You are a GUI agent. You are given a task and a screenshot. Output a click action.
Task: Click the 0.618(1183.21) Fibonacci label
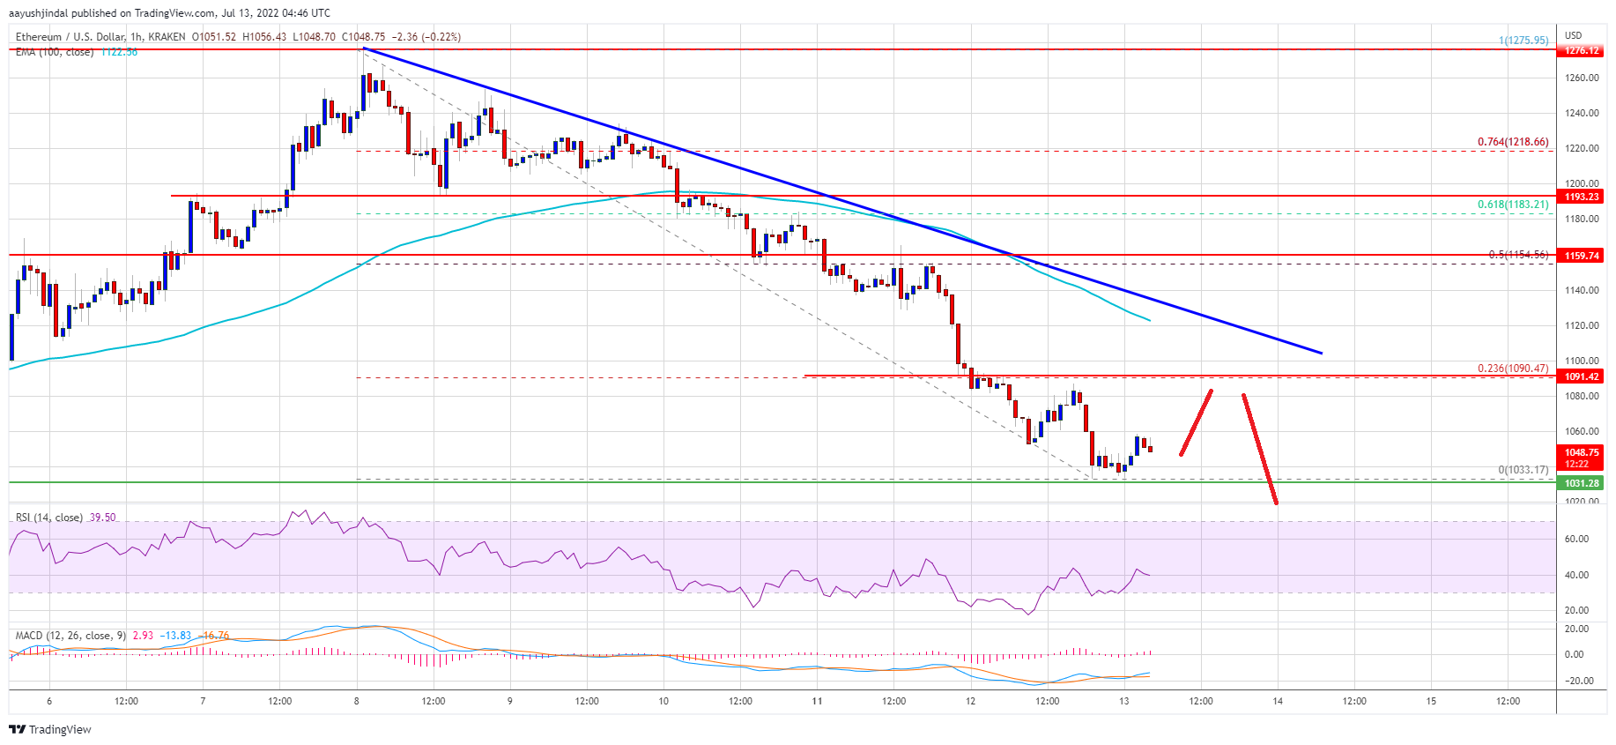click(1512, 205)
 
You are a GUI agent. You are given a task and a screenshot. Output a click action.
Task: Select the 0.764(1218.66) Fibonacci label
click(1512, 142)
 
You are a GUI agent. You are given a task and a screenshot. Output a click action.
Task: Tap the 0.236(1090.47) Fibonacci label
click(1512, 369)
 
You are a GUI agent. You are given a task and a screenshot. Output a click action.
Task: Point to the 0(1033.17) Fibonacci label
click(1523, 470)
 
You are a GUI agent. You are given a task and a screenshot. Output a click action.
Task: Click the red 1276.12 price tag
click(1582, 50)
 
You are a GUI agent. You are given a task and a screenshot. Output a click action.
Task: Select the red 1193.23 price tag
click(1582, 197)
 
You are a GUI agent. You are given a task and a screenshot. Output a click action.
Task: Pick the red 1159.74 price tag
click(1582, 256)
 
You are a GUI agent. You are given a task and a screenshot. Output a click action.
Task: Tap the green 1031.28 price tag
click(1582, 483)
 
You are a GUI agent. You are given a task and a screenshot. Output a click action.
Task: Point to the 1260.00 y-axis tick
click(1582, 78)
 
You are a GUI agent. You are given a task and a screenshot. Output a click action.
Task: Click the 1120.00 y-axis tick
click(1582, 325)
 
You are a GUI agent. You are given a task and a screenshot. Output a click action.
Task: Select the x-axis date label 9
click(510, 702)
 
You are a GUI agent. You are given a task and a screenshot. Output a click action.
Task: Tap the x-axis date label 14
click(1278, 702)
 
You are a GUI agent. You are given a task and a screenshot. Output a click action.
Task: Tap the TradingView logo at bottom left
click(50, 729)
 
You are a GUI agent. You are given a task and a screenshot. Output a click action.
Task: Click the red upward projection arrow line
click(1197, 422)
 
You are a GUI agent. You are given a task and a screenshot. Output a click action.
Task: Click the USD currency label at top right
click(1573, 35)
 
